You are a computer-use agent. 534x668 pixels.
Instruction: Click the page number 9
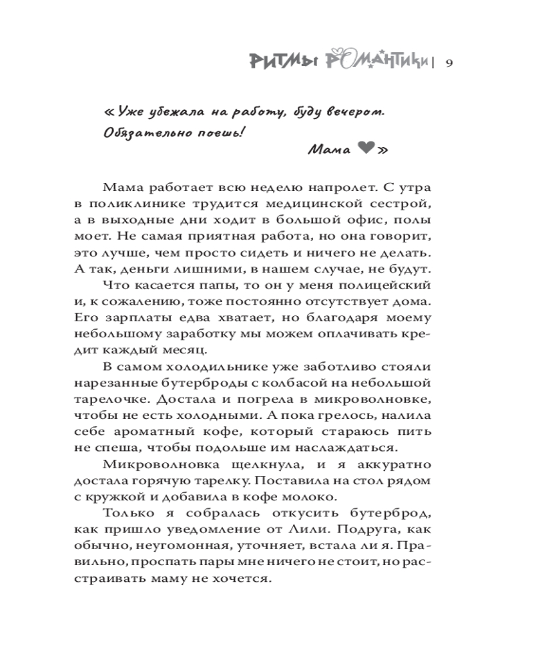point(449,63)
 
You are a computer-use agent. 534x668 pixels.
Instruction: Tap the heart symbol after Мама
point(365,150)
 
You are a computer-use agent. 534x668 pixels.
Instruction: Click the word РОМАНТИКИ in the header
point(376,61)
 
